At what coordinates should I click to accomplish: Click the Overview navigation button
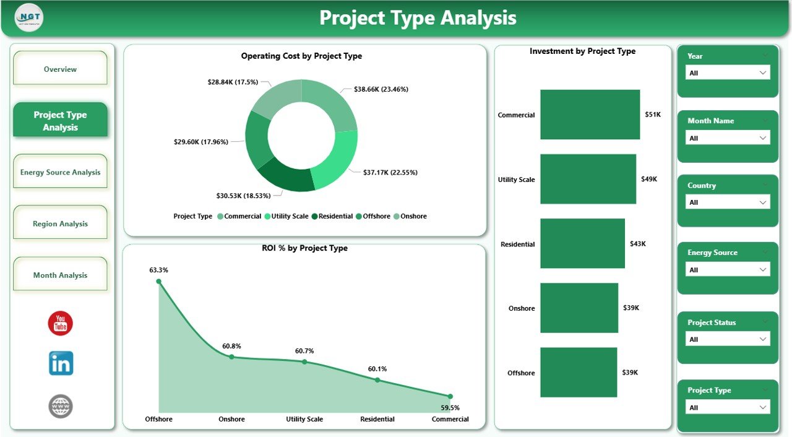tap(60, 69)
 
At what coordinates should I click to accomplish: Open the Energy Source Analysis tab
tap(60, 172)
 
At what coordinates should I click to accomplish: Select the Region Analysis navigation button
tap(60, 223)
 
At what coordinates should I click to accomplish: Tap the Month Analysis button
tap(60, 275)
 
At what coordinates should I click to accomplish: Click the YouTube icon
tap(61, 324)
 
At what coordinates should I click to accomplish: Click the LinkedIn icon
tap(61, 363)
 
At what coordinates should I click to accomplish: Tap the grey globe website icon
tap(61, 407)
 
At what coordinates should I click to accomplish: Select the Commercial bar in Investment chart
tap(590, 115)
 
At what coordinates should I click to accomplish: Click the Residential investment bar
tap(582, 243)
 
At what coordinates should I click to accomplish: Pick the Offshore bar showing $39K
tap(579, 372)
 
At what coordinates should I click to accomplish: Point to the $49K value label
tap(649, 180)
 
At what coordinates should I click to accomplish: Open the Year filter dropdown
tap(728, 73)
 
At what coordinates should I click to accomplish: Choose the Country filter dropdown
tap(728, 202)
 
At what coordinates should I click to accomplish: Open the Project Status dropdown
tap(728, 339)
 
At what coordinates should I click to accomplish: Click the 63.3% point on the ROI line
tap(158, 281)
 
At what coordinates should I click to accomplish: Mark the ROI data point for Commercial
tap(450, 396)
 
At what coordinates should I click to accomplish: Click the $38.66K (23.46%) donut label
tap(381, 89)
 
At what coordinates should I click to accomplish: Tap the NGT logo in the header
tap(29, 18)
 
